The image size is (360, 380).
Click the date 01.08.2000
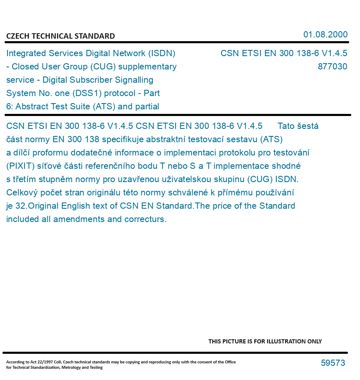325,35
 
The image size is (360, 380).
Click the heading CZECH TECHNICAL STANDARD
60,36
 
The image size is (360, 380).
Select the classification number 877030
332,67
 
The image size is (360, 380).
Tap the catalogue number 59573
333,363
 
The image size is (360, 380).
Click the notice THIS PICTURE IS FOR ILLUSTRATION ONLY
265,341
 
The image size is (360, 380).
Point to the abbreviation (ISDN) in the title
161,53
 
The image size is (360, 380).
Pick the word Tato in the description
286,126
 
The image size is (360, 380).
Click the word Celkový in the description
21,192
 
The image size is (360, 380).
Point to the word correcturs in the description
145,219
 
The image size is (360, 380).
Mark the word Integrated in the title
26,53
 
